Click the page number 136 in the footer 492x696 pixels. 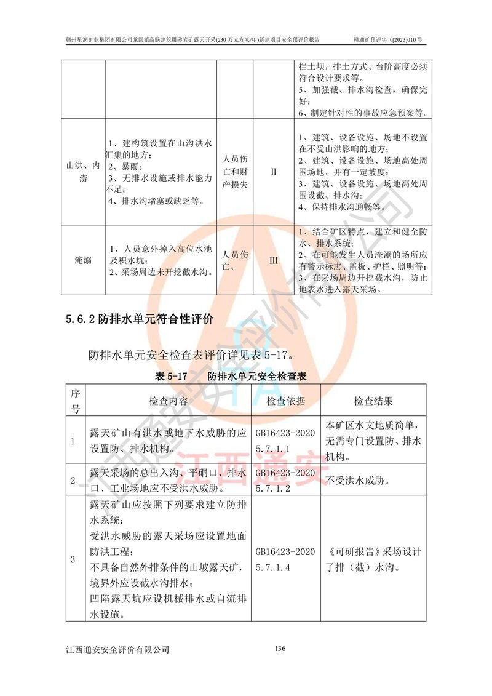[280, 648]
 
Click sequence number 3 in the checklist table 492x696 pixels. [73, 559]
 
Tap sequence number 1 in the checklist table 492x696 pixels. [73, 441]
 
